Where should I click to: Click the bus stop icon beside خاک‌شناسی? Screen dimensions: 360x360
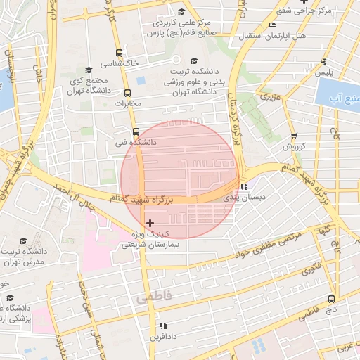[x=120, y=53]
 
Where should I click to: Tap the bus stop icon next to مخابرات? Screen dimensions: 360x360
[x=127, y=93]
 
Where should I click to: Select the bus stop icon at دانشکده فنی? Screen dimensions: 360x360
[x=136, y=131]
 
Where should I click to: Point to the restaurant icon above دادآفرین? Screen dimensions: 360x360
[x=163, y=326]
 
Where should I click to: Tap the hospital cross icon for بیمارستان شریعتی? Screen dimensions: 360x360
[x=150, y=223]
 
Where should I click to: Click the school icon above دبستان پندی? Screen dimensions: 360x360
[x=243, y=187]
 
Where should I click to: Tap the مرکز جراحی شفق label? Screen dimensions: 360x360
[x=324, y=11]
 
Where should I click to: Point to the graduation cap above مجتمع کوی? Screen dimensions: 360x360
[x=89, y=70]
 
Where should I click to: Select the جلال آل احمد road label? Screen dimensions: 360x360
[x=73, y=197]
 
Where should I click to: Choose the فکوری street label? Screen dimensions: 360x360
[x=311, y=268]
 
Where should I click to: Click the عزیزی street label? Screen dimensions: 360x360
[x=270, y=94]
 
